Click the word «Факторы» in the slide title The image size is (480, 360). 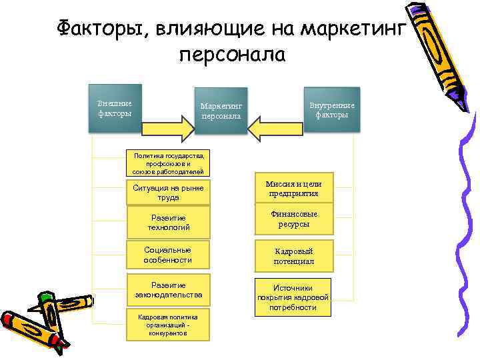pyautogui.click(x=96, y=29)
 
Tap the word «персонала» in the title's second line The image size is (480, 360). pyautogui.click(x=232, y=55)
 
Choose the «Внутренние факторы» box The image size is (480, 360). pyautogui.click(x=331, y=110)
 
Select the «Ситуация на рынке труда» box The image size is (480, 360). pyautogui.click(x=168, y=192)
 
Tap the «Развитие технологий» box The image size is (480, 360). pyautogui.click(x=168, y=222)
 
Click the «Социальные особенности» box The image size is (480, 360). pyautogui.click(x=168, y=254)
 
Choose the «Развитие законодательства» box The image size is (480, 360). pyautogui.click(x=168, y=289)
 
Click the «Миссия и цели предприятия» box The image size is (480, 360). pyautogui.click(x=293, y=189)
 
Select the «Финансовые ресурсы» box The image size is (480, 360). pyautogui.click(x=293, y=220)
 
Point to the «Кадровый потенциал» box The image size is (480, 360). pyautogui.click(x=293, y=256)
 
